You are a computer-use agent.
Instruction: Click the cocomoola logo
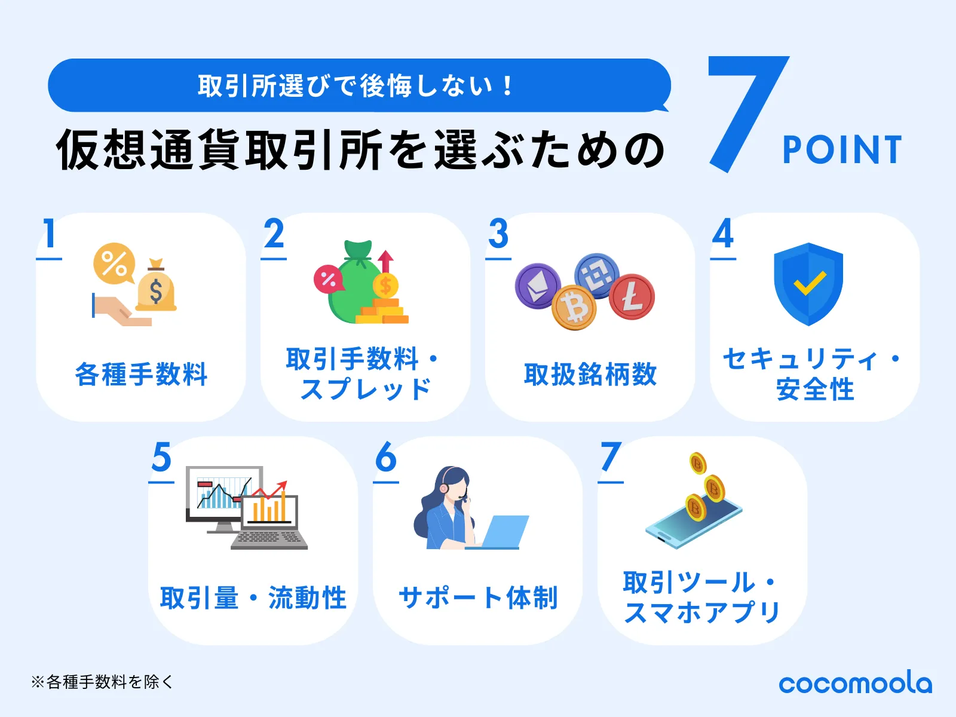pyautogui.click(x=855, y=683)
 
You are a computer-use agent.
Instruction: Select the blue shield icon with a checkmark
pyautogui.click(x=808, y=284)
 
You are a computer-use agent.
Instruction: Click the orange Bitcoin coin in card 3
pyautogui.click(x=574, y=308)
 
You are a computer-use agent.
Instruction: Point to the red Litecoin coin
pyautogui.click(x=632, y=296)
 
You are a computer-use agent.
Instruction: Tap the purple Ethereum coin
pyautogui.click(x=538, y=286)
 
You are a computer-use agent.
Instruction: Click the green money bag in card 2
pyautogui.click(x=353, y=287)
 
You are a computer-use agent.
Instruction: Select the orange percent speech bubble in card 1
pyautogui.click(x=114, y=263)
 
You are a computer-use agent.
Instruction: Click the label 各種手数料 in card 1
pyautogui.click(x=141, y=375)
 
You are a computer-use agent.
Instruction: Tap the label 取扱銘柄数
pyautogui.click(x=590, y=375)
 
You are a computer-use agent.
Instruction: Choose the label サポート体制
pyautogui.click(x=478, y=597)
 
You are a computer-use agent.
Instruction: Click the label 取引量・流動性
pyautogui.click(x=253, y=597)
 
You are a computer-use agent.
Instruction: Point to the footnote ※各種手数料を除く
pyautogui.click(x=102, y=682)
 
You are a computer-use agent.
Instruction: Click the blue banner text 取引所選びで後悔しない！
pyautogui.click(x=356, y=86)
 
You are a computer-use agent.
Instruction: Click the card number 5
pyautogui.click(x=161, y=458)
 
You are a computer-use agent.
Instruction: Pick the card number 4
pyautogui.click(x=723, y=234)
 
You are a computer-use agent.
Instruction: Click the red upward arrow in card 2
pyautogui.click(x=385, y=261)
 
